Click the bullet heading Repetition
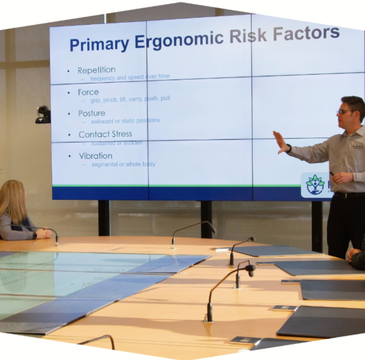(x=96, y=70)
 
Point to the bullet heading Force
(x=88, y=92)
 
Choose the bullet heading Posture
(x=92, y=113)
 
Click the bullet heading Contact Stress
(x=105, y=134)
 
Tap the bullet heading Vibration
(x=96, y=156)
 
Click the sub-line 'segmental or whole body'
(x=123, y=164)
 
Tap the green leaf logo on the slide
(x=315, y=184)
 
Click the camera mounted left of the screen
(x=43, y=114)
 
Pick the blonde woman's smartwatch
(x=35, y=235)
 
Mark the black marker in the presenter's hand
(x=332, y=174)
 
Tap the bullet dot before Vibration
(x=70, y=156)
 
